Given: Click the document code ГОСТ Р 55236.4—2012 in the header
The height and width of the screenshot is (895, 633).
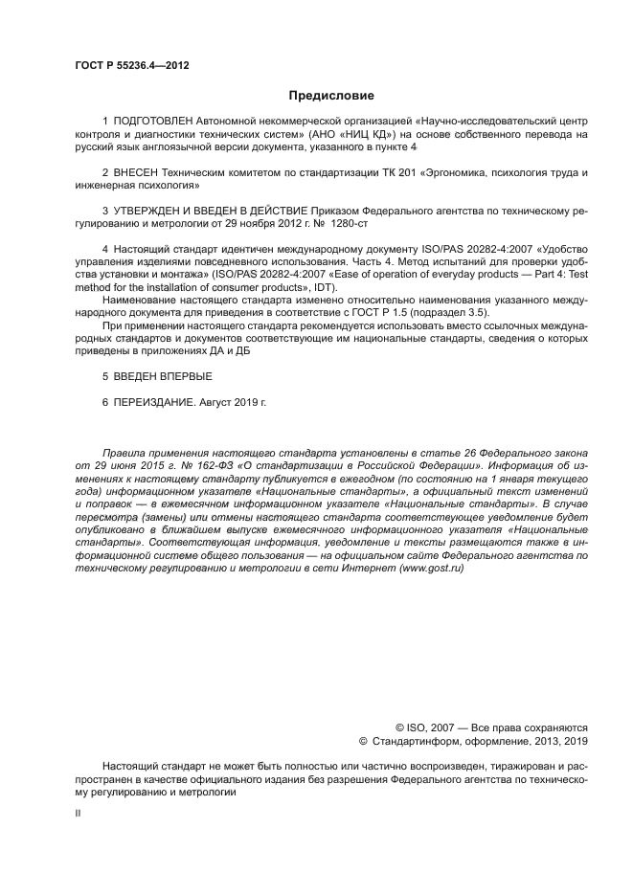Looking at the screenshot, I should click(131, 65).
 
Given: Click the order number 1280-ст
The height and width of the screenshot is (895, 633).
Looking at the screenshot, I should click(346, 222).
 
